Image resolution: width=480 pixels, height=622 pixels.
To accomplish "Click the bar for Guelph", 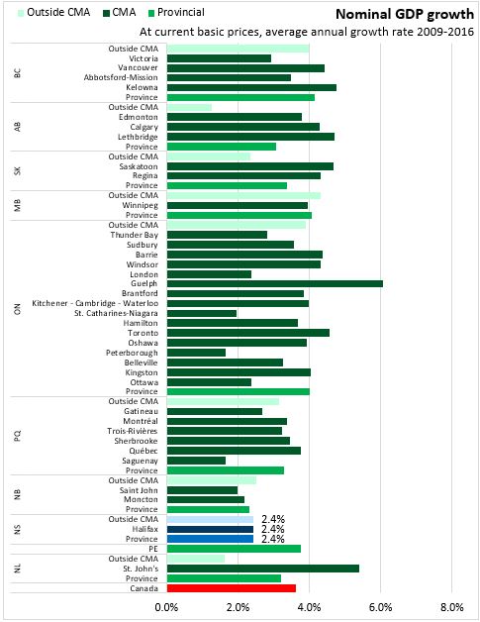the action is [x=275, y=283].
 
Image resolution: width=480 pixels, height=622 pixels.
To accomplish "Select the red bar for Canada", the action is [x=231, y=588].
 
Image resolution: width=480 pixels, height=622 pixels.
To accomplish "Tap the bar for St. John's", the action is [x=263, y=569].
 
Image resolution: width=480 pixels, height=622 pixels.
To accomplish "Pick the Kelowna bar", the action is [x=251, y=87].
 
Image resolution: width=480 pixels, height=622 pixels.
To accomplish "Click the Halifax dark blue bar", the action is [x=210, y=529].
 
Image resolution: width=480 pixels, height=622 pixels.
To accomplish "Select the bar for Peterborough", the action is [x=196, y=353].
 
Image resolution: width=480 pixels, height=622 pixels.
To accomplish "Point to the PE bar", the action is [x=234, y=549].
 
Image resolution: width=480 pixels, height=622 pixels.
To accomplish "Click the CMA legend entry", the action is [x=120, y=13].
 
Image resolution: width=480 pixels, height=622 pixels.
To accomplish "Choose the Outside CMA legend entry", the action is [x=53, y=13].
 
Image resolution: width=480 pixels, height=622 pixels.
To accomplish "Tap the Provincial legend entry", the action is [x=176, y=13].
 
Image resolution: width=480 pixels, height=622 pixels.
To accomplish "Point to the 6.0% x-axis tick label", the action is [x=380, y=607].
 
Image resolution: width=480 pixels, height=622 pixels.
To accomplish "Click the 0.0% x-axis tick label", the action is [x=166, y=607].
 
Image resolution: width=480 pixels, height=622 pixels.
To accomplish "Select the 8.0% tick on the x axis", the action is [x=452, y=607].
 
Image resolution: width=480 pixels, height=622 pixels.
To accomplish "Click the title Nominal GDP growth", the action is [x=405, y=14].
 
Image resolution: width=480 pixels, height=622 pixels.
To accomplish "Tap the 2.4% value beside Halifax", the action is [x=273, y=529].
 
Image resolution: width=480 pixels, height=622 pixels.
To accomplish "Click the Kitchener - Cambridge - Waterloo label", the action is [x=95, y=303].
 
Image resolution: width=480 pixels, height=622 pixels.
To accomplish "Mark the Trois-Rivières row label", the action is [x=133, y=431].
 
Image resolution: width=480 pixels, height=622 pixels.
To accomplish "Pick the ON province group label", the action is [x=17, y=309].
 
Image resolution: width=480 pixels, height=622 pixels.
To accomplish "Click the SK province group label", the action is [x=17, y=171].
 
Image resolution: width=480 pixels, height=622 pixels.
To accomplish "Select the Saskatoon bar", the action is [x=250, y=166].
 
